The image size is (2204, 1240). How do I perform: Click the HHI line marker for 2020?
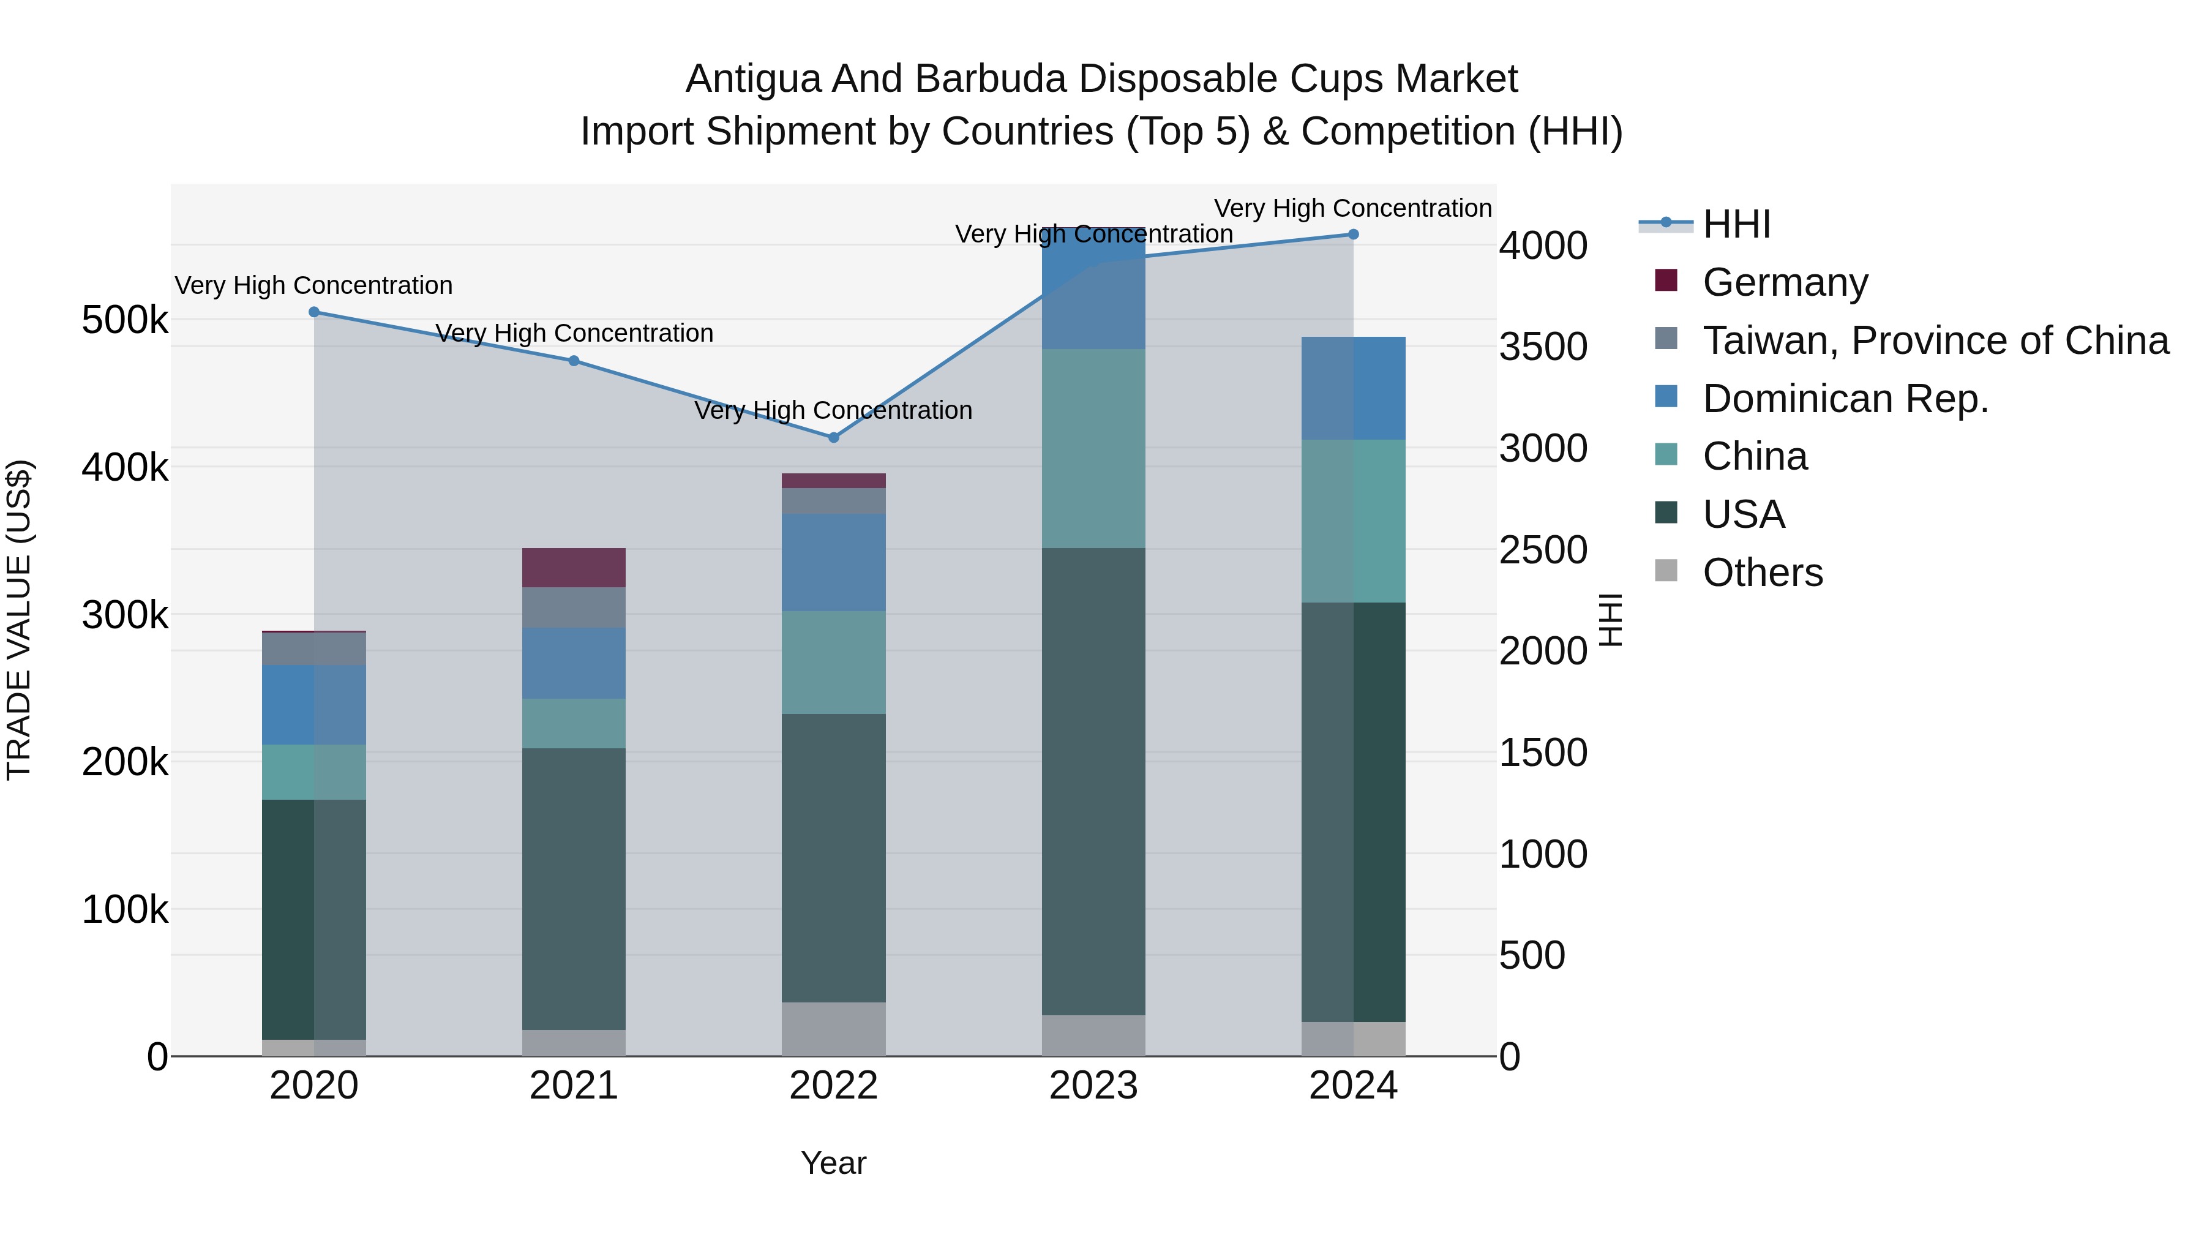click(314, 312)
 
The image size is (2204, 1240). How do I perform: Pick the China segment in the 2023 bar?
click(1093, 448)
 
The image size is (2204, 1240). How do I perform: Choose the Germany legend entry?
click(1785, 282)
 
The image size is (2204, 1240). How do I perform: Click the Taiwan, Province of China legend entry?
click(1935, 340)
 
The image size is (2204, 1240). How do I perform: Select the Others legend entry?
click(1763, 573)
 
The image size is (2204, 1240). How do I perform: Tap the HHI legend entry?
click(1736, 224)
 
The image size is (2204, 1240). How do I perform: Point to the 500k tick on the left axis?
click(125, 321)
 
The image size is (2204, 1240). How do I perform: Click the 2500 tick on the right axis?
click(1543, 550)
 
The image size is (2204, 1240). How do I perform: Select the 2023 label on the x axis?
click(1093, 1086)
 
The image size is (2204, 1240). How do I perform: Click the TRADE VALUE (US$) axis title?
click(20, 620)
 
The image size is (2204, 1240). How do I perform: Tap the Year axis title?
click(833, 1163)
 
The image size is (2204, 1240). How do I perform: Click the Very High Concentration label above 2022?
click(833, 411)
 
